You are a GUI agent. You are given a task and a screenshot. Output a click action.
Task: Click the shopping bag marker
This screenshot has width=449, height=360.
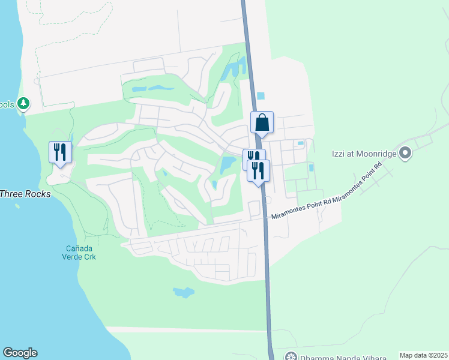(262, 123)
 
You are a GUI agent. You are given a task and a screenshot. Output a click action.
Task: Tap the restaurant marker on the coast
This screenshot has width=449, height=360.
(60, 152)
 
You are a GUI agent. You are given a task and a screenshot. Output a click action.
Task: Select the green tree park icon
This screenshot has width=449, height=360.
(23, 104)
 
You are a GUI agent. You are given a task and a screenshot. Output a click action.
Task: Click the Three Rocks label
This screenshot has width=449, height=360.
(25, 194)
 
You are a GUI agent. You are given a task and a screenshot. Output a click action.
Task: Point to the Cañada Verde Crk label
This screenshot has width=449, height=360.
(81, 253)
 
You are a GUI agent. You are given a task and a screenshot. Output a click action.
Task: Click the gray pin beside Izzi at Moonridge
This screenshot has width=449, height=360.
(405, 154)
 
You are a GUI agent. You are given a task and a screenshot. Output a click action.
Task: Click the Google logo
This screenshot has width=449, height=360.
(20, 353)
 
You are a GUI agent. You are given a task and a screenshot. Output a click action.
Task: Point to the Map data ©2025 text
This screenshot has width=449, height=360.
(423, 355)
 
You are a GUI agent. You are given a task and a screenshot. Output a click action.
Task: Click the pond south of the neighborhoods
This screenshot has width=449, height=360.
(184, 293)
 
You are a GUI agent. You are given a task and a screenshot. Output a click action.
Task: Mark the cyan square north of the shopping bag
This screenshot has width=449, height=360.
(261, 95)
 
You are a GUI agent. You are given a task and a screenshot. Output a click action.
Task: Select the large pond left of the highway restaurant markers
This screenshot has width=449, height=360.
(228, 164)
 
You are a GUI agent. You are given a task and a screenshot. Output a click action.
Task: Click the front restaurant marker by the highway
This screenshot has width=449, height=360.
(259, 171)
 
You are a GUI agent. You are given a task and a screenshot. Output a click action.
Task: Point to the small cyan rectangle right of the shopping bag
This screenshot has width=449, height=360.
(300, 143)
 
